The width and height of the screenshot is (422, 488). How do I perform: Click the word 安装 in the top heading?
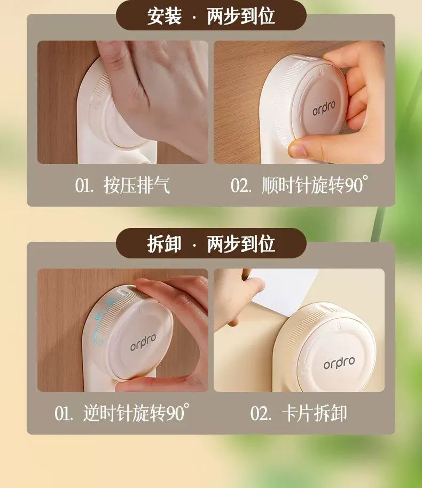point(164,16)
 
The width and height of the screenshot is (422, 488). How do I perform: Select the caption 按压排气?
point(137,185)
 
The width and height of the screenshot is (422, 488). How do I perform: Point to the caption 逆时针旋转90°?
point(136,413)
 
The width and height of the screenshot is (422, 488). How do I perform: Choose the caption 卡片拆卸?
point(314,413)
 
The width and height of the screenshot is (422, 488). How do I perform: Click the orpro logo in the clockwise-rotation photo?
point(324,108)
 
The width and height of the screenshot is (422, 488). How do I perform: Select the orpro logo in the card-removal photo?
point(339,363)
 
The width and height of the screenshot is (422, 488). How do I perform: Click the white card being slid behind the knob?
point(280,291)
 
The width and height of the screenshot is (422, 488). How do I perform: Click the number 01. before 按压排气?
point(84,185)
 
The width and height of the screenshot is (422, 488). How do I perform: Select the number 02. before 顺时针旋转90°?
point(241,185)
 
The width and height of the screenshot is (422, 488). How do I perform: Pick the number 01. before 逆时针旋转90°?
point(64,413)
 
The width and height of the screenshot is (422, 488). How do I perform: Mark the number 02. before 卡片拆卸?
point(261,413)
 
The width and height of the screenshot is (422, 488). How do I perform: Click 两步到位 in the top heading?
point(241,16)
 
